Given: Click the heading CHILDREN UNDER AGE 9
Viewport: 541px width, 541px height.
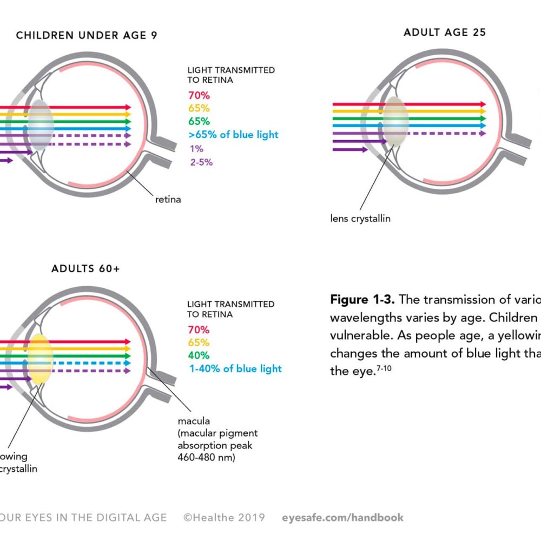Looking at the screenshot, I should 87,36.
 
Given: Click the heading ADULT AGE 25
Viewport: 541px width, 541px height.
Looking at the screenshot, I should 445,32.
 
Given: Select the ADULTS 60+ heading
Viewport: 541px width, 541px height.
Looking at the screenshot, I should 85,269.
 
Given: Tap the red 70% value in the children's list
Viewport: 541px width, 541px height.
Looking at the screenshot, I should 199,95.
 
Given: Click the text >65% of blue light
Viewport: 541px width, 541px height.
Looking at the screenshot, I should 233,135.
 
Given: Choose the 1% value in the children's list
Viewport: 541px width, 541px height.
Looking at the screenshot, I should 196,149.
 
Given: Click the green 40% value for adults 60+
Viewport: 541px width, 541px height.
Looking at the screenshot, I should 199,355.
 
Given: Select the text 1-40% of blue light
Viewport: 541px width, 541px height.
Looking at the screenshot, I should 235,368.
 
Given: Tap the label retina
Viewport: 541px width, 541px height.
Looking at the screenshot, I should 168,200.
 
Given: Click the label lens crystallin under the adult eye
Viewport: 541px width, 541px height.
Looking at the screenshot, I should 360,219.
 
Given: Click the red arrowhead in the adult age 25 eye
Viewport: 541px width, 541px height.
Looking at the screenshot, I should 483,104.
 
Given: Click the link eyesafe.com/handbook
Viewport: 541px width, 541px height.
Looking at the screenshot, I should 342,518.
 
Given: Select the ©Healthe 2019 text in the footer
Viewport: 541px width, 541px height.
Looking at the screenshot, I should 224,518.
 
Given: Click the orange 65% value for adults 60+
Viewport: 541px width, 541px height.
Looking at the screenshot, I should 199,342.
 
